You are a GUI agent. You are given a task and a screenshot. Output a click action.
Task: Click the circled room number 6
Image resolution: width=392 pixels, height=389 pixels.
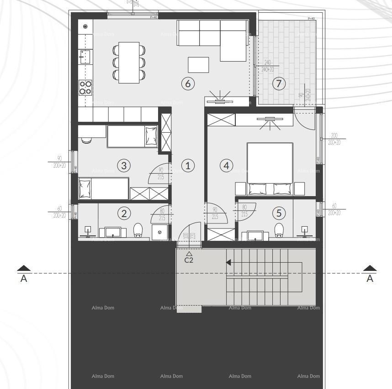[188, 83]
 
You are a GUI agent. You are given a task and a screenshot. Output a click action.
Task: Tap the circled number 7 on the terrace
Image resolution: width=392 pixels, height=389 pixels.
[278, 83]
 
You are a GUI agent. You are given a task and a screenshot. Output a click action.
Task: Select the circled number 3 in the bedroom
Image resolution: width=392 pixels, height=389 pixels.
[124, 166]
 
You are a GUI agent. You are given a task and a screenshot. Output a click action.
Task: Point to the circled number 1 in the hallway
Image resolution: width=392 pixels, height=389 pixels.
[188, 166]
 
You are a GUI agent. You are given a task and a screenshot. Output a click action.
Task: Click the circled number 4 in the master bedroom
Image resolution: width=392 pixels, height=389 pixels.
[226, 166]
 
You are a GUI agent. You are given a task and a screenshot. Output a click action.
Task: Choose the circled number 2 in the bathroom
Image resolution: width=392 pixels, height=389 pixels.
[124, 213]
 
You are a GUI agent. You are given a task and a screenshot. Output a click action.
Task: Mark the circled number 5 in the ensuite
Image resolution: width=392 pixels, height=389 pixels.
[279, 213]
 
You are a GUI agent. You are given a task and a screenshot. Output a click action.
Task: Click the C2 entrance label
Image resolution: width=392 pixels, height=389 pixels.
[189, 260]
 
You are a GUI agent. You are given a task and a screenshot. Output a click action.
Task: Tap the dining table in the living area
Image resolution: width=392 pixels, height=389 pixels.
[129, 62]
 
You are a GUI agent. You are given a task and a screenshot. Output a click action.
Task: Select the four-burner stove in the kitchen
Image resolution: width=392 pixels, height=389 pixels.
[85, 87]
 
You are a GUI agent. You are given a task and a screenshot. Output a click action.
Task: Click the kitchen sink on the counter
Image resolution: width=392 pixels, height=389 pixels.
[85, 57]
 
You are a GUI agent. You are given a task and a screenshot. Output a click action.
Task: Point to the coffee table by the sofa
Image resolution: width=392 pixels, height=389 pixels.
[198, 65]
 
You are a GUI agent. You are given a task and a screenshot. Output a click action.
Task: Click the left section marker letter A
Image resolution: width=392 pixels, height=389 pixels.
[24, 279]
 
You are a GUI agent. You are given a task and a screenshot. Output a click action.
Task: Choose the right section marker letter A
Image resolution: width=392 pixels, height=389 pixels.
[370, 279]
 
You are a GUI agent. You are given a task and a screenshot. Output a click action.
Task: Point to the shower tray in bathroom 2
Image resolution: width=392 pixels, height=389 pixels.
[159, 231]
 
